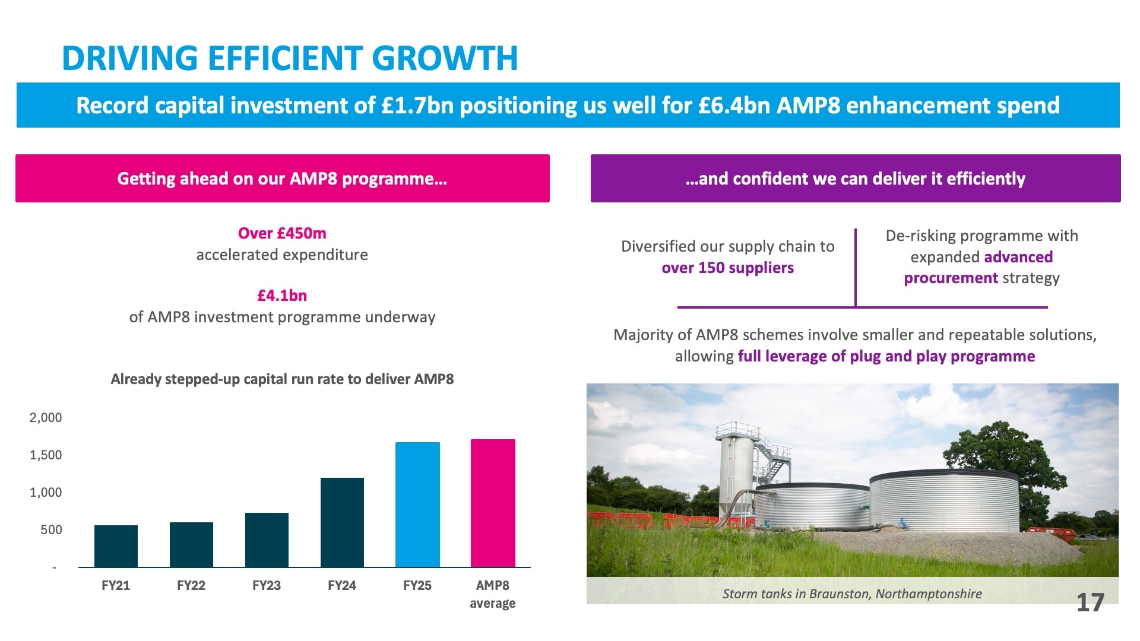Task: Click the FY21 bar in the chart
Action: click(x=116, y=546)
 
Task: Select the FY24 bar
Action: click(x=342, y=522)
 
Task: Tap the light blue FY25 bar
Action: click(x=417, y=504)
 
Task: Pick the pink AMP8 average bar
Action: click(x=493, y=503)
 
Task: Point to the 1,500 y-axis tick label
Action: click(x=46, y=455)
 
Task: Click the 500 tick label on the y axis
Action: click(x=51, y=530)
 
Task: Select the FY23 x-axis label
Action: click(x=267, y=586)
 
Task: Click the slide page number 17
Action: click(x=1090, y=603)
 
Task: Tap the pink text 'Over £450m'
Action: click(x=282, y=233)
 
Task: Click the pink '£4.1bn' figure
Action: click(x=282, y=296)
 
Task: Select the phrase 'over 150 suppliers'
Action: click(x=727, y=268)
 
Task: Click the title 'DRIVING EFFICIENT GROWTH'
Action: click(x=290, y=58)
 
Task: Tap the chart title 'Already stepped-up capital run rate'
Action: click(x=282, y=379)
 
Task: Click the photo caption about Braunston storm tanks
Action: click(x=852, y=594)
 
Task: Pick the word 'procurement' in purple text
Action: click(x=951, y=278)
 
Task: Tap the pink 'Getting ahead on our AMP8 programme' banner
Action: click(x=283, y=179)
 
